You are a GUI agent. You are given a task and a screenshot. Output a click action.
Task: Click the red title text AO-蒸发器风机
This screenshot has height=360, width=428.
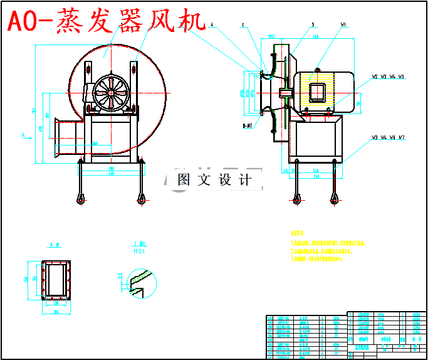tap(107, 22)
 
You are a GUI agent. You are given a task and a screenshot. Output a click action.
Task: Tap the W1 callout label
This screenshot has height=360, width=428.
tap(343, 25)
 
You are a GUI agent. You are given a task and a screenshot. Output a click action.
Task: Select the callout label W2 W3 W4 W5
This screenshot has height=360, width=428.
tap(388, 77)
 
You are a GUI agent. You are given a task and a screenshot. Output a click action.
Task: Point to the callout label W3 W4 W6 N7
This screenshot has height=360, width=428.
tap(388, 137)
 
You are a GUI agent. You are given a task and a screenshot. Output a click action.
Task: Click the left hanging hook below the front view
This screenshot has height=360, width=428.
tap(81, 198)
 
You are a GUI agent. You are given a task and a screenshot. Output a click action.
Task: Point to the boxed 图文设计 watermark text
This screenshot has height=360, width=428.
tap(214, 180)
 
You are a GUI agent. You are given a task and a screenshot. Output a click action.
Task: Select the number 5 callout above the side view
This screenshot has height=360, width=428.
tap(311, 25)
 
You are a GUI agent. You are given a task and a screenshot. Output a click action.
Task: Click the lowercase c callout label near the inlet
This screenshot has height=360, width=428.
tap(243, 26)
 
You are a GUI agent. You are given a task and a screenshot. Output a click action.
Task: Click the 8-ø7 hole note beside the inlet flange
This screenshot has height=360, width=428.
tap(248, 125)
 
